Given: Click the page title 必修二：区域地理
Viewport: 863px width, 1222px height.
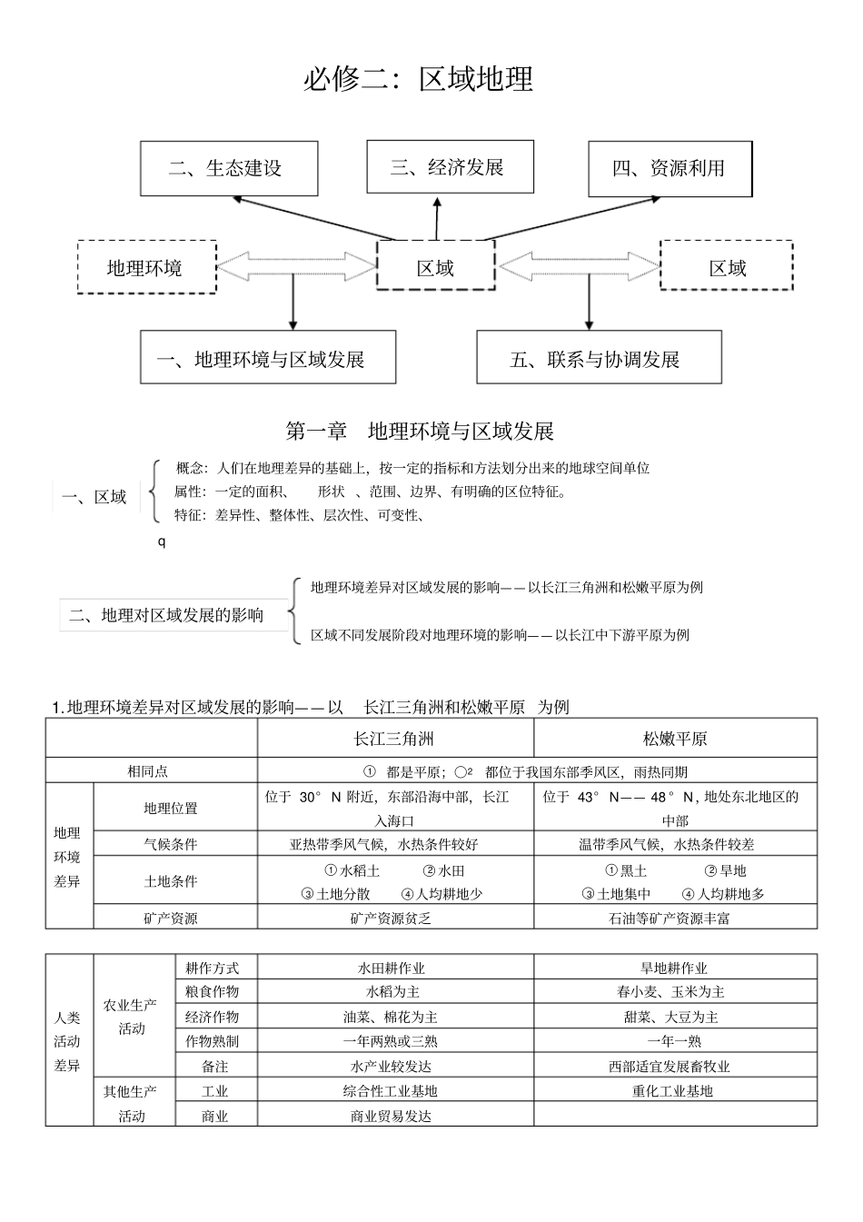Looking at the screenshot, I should (418, 80).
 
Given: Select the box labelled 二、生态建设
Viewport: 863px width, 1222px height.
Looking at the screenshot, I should (229, 168).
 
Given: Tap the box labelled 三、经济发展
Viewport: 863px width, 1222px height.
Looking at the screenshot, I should (449, 166).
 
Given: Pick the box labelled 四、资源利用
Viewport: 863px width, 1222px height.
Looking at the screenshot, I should (670, 168).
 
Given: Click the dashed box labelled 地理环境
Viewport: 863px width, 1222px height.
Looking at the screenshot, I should (146, 267).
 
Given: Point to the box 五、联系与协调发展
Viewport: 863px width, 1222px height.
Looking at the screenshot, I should (599, 358).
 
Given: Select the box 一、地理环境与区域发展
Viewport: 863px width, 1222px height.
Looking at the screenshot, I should (267, 358).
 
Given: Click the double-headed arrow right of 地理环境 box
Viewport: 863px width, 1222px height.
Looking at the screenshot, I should (296, 267).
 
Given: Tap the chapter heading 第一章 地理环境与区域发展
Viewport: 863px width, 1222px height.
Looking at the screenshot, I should (420, 431).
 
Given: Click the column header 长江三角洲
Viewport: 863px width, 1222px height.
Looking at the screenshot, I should (394, 740).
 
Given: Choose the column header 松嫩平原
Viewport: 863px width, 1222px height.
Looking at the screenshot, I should (674, 740).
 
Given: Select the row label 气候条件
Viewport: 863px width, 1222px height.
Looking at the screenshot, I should (171, 844).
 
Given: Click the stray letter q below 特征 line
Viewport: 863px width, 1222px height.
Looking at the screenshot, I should (162, 542).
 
